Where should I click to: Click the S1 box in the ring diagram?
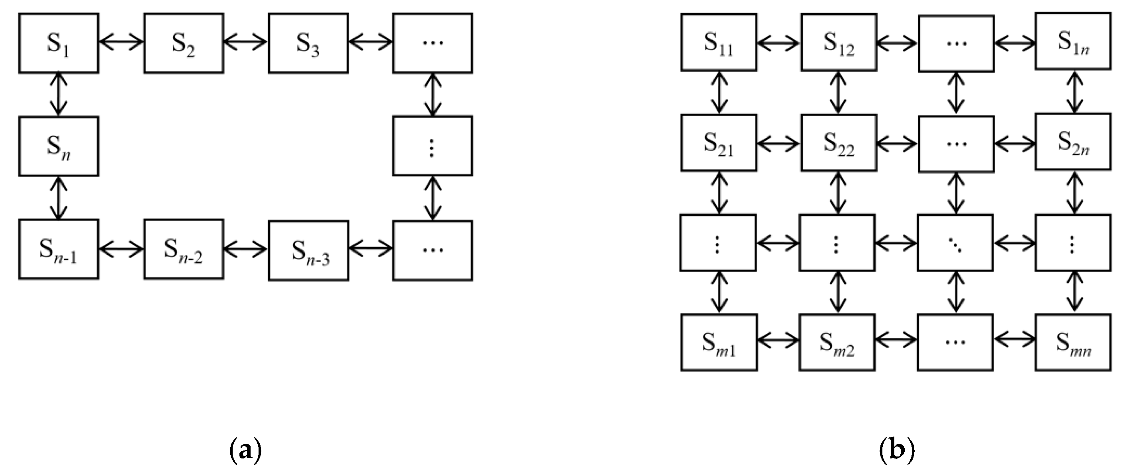pyautogui.click(x=59, y=43)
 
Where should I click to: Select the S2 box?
pyautogui.click(x=183, y=43)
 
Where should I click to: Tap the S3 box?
pyautogui.click(x=308, y=43)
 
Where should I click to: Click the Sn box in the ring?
pyautogui.click(x=59, y=146)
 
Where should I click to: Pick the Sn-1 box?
pyautogui.click(x=59, y=249)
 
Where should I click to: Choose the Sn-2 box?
pyautogui.click(x=183, y=249)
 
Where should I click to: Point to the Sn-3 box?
pyautogui.click(x=308, y=250)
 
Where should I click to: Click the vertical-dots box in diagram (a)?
pyautogui.click(x=432, y=146)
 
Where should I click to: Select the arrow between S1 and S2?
pyautogui.click(x=121, y=43)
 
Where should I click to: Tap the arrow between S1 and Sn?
pyautogui.click(x=59, y=94)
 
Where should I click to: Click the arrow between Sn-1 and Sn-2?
pyautogui.click(x=121, y=249)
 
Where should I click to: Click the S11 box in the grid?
pyautogui.click(x=718, y=43)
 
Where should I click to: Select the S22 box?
pyautogui.click(x=838, y=142)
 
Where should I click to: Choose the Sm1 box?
pyautogui.click(x=718, y=342)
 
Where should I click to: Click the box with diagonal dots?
pyautogui.click(x=955, y=243)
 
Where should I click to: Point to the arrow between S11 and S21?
pyautogui.click(x=719, y=92)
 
